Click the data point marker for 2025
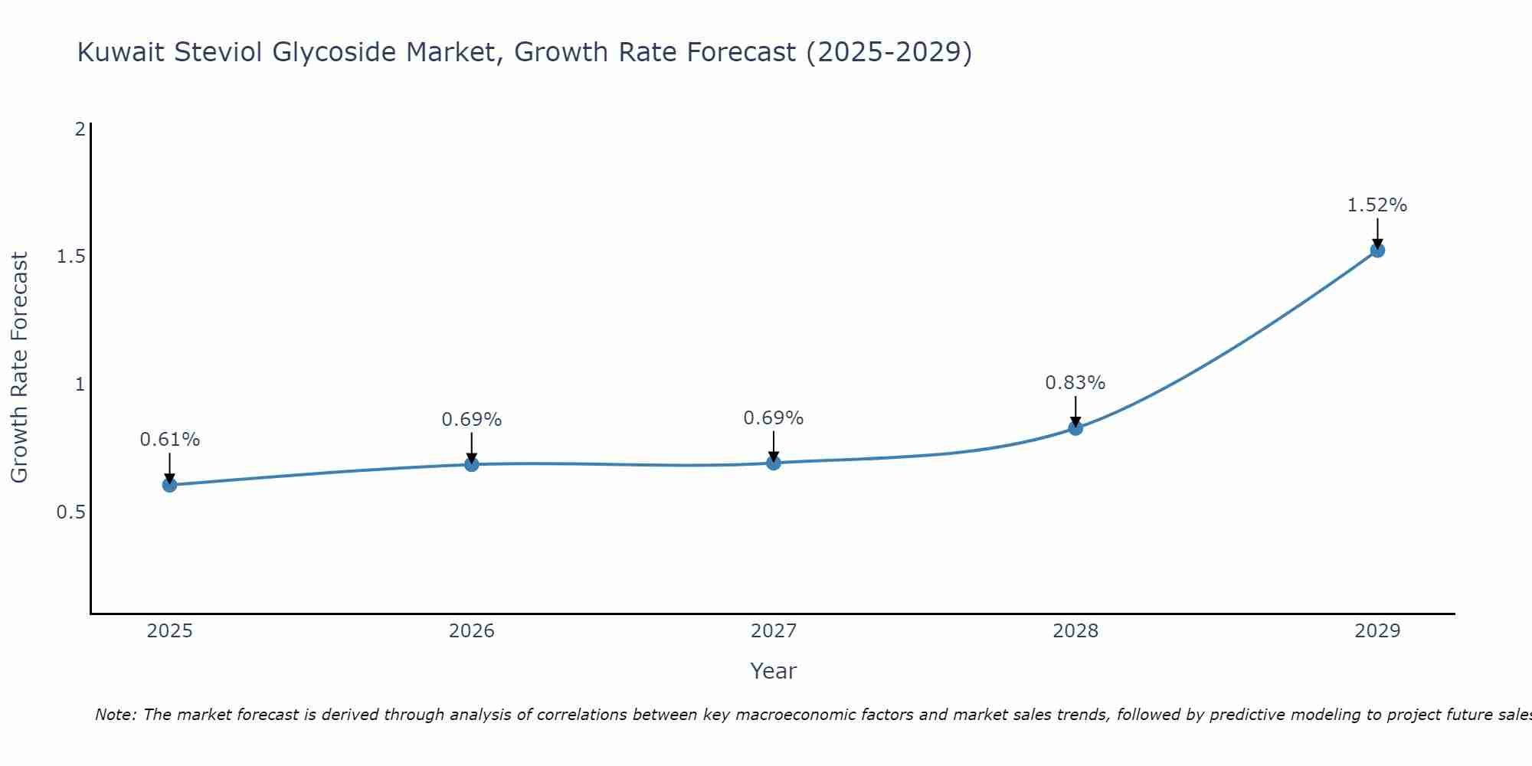pyautogui.click(x=169, y=485)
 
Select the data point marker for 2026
pyautogui.click(x=471, y=464)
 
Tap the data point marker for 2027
pyautogui.click(x=773, y=463)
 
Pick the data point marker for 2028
pyautogui.click(x=1075, y=428)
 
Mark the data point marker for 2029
pyautogui.click(x=1377, y=250)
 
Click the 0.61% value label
pyautogui.click(x=169, y=440)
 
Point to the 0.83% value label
pyautogui.click(x=1075, y=383)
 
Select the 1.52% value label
pyautogui.click(x=1377, y=205)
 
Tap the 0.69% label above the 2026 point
pyautogui.click(x=471, y=420)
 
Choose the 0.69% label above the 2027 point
pyautogui.click(x=773, y=418)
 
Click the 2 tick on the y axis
pyautogui.click(x=80, y=129)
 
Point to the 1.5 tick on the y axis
pyautogui.click(x=71, y=257)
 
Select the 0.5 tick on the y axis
pyautogui.click(x=71, y=512)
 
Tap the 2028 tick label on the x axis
pyautogui.click(x=1075, y=631)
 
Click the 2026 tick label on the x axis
pyautogui.click(x=471, y=631)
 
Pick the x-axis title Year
pyautogui.click(x=773, y=671)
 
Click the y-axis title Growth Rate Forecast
pyautogui.click(x=19, y=368)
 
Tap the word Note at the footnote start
pyautogui.click(x=115, y=715)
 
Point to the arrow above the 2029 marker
pyautogui.click(x=1377, y=233)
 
